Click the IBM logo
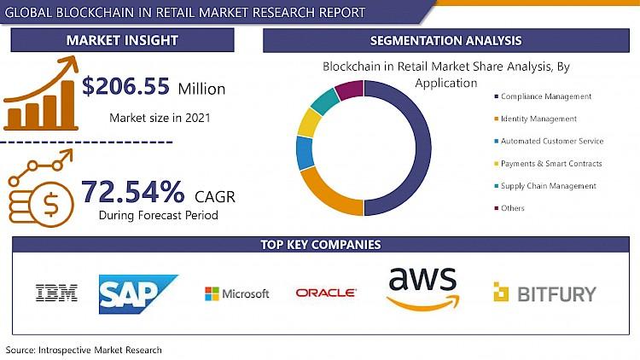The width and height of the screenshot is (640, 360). tap(56, 293)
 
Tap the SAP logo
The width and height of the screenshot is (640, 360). tap(138, 293)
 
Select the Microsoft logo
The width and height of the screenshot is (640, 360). tap(236, 293)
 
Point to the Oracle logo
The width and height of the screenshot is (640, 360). tap(326, 293)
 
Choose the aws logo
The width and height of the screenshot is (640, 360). tap(423, 287)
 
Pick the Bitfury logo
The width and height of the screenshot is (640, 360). tap(545, 293)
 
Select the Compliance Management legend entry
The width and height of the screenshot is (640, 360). tap(543, 96)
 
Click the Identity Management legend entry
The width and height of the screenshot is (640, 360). tap(536, 119)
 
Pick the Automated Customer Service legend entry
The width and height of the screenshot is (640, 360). tap(549, 142)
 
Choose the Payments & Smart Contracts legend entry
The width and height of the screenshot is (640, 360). tap(548, 164)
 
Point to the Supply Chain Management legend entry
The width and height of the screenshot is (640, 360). tap(545, 186)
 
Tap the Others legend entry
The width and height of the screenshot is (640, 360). tap(509, 208)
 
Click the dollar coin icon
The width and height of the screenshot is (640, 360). tap(50, 204)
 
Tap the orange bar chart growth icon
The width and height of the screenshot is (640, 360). tap(41, 94)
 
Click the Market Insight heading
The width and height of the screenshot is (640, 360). tap(122, 40)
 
